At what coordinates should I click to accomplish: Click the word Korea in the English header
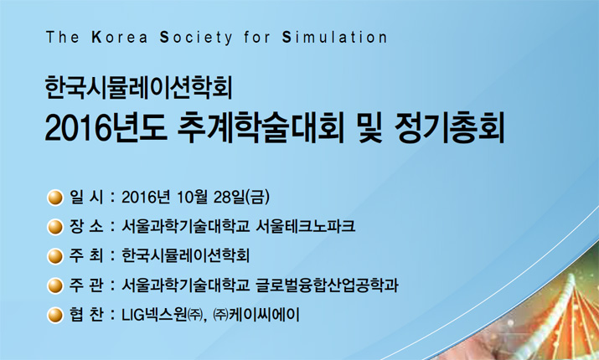click(120, 38)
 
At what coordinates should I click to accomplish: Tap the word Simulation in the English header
click(334, 38)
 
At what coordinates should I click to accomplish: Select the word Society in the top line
click(195, 38)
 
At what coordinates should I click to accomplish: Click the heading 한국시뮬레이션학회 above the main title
click(139, 87)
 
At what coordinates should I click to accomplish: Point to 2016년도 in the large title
click(106, 127)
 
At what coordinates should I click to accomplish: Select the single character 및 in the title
click(369, 127)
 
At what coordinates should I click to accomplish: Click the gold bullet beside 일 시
click(55, 198)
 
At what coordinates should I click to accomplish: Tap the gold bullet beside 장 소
click(55, 227)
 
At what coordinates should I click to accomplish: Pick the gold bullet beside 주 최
click(55, 256)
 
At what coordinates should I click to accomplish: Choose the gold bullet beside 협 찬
click(55, 316)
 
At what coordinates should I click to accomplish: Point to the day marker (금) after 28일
click(258, 197)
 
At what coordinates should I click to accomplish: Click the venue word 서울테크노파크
click(306, 226)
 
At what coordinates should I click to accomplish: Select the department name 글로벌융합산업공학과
click(327, 285)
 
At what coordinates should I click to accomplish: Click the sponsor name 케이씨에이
click(264, 315)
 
